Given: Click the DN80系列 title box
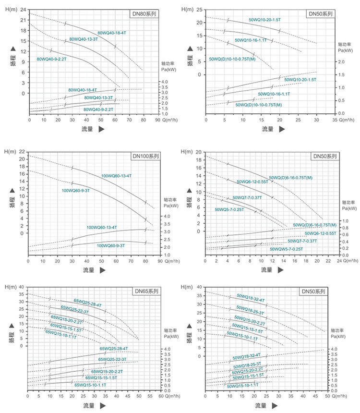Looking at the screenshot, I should click(x=145, y=14).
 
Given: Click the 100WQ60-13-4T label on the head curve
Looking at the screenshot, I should click(x=116, y=176).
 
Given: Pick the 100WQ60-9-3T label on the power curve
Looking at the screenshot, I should click(x=110, y=245).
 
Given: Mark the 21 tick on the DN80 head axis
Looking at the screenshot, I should click(x=23, y=20).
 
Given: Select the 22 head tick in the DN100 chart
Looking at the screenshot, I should click(x=21, y=152).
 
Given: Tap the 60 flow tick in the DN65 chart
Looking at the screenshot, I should click(x=161, y=397).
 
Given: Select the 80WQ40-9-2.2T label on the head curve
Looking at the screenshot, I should click(x=51, y=59).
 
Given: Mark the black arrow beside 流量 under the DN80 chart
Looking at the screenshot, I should click(x=101, y=129).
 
